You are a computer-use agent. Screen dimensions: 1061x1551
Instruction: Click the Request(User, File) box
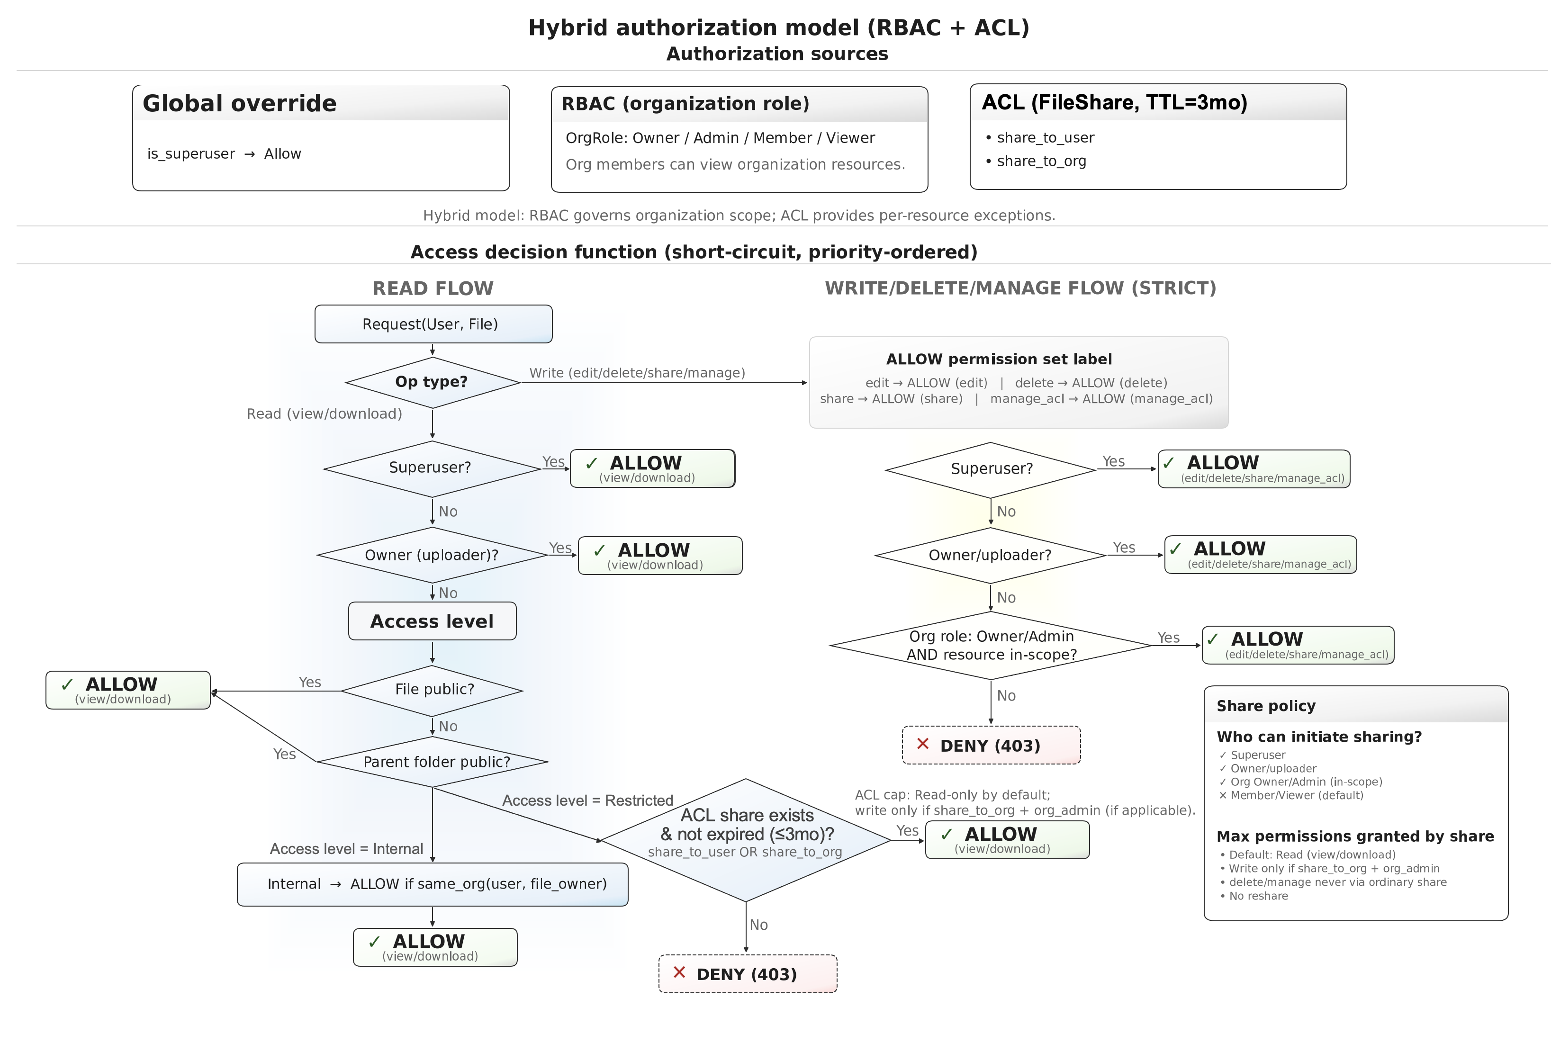coord(433,324)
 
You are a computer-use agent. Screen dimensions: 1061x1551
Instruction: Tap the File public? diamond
coord(433,690)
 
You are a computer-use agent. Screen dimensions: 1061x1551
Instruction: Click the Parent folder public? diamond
coord(433,761)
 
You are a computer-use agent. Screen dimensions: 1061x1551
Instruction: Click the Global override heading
coord(240,103)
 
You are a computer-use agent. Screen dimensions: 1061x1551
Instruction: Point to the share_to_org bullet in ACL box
coord(1041,161)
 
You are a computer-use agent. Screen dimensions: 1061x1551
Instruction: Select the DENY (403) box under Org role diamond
coord(991,746)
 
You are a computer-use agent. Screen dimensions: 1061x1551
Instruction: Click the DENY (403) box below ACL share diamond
coord(748,974)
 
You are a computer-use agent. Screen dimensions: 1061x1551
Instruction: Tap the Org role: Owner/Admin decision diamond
coord(991,645)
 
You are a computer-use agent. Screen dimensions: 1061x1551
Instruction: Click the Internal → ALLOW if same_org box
coord(433,884)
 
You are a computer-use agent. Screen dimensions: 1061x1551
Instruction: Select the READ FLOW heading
coord(433,288)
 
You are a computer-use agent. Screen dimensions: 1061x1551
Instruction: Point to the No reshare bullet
coord(1258,896)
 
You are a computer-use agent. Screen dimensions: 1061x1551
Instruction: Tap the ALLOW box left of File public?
coord(128,690)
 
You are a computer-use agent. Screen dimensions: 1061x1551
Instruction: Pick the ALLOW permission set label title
coord(999,360)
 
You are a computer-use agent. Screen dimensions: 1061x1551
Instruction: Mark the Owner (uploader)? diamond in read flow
coord(432,555)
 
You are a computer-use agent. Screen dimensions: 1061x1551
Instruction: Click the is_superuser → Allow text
coord(224,154)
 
